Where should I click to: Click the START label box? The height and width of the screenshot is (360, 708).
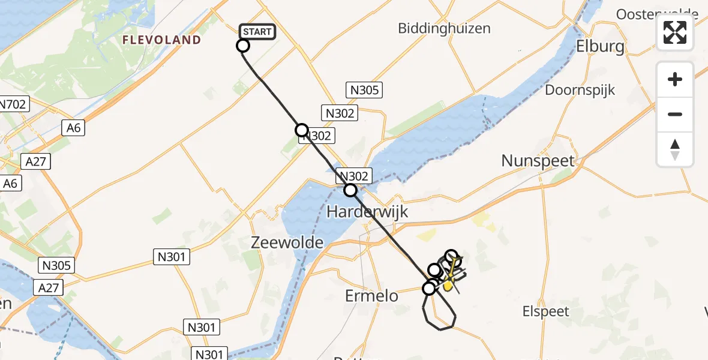coord(257,32)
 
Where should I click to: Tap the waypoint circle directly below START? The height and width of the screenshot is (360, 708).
coord(243,46)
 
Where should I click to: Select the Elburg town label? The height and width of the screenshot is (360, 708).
coord(600,46)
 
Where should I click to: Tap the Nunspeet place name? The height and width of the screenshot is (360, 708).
coord(538,161)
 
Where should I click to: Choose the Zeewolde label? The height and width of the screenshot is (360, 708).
coord(287,242)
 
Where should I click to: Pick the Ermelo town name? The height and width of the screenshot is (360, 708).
coord(373,295)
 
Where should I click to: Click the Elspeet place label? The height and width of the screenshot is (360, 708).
coord(546,311)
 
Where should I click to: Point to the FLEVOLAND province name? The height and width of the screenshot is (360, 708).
coord(161,40)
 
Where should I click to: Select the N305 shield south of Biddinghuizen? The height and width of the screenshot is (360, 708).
coord(364,90)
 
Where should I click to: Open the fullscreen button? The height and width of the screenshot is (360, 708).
coord(675,32)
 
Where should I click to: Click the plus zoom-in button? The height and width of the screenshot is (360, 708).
coord(675,79)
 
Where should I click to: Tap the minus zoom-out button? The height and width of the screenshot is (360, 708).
coord(675,114)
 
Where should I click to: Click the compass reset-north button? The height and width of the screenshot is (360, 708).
coord(675,149)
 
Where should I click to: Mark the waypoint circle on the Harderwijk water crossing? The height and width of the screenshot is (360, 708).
coord(350,190)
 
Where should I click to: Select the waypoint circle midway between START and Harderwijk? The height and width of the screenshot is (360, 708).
coord(302,130)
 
